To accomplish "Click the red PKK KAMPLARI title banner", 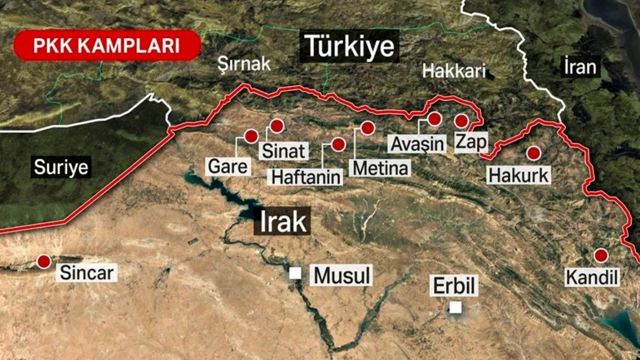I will pos(106,45).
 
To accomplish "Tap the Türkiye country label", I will pos(349,47).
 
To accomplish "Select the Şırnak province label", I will pos(244,63).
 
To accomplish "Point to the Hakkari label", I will pos(454,70).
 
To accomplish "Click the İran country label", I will pos(580,66).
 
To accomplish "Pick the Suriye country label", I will pos(61,167).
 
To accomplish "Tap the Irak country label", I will pos(282,221).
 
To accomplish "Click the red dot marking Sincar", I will pos(44,261).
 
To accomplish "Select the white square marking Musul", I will pos(295,273).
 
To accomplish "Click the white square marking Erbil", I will pos(455,307).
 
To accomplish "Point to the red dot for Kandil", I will pos(600,255).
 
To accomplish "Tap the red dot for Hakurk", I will pos(533,153).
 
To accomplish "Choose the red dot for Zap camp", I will pos(461,121).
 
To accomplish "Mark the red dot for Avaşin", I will pos(434,119).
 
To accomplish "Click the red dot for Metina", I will pos(367,128).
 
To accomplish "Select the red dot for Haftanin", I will pos(338,144).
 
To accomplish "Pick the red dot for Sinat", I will pos(276,125).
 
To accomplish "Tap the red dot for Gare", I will pos(251,136).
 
